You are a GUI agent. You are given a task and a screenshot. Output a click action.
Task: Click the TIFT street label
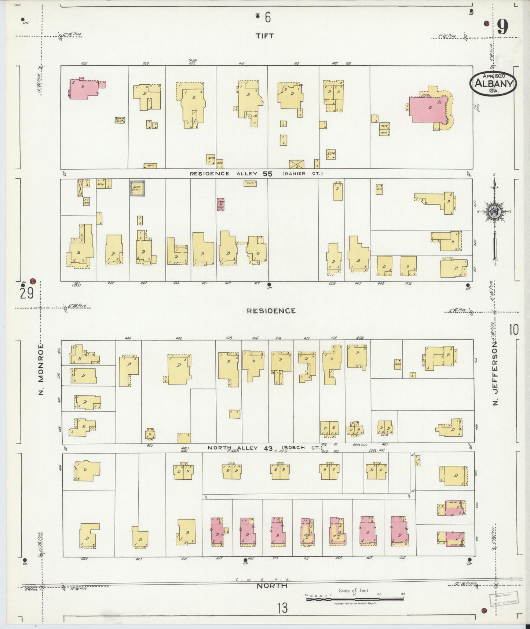point(265,36)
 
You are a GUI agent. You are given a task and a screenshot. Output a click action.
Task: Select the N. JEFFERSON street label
point(496,374)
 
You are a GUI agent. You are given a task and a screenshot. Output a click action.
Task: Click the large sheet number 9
point(502,27)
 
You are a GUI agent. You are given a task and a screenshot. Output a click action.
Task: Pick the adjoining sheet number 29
point(27,294)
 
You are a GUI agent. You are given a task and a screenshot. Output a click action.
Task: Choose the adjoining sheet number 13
point(282,609)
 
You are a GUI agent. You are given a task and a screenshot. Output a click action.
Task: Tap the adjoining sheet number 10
point(513,330)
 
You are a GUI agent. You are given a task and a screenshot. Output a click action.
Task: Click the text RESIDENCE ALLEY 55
point(231,174)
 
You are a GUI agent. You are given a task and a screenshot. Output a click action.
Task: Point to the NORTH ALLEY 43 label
point(240,448)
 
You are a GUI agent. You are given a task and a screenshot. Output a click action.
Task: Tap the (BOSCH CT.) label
point(302,448)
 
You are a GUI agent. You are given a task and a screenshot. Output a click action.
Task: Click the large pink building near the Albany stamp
point(428,109)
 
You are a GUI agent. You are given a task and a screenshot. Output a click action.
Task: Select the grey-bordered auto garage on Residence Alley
point(137,188)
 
